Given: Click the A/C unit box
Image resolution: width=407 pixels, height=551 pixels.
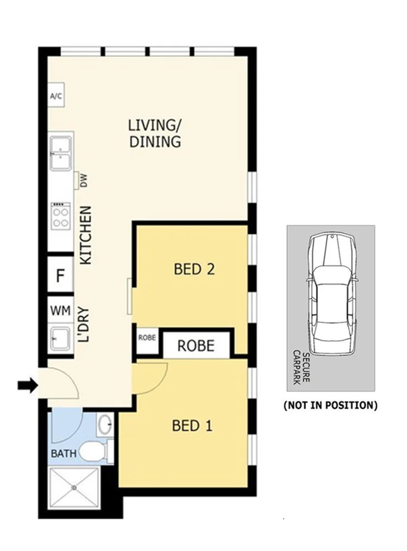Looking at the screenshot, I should pyautogui.click(x=56, y=96).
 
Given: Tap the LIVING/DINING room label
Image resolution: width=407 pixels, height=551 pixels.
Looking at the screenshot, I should pyautogui.click(x=154, y=133).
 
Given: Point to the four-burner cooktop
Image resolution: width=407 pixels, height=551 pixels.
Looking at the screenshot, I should pyautogui.click(x=60, y=215).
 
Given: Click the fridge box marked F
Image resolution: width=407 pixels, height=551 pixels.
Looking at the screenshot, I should pyautogui.click(x=60, y=276).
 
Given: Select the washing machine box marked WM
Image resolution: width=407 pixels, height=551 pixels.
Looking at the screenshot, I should pyautogui.click(x=60, y=310).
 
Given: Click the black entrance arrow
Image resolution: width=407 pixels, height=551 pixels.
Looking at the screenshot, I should pyautogui.click(x=28, y=386).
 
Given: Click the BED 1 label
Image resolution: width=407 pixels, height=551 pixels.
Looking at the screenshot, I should pyautogui.click(x=192, y=425).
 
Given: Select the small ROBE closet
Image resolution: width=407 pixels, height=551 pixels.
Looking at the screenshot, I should pyautogui.click(x=147, y=338).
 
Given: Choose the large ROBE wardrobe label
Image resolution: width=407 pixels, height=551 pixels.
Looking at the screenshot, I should pyautogui.click(x=196, y=346).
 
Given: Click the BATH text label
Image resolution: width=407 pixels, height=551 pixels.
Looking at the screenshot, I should pyautogui.click(x=63, y=453).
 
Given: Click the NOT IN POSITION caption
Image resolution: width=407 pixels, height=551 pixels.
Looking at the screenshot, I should pyautogui.click(x=330, y=406).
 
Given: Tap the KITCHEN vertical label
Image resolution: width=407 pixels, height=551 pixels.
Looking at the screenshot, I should pyautogui.click(x=85, y=235).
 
